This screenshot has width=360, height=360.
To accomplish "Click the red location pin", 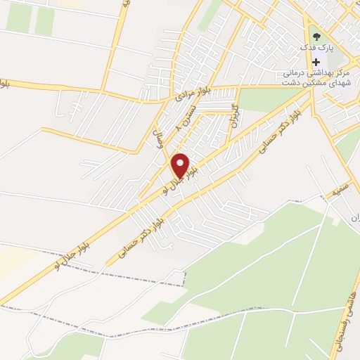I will point(181,166).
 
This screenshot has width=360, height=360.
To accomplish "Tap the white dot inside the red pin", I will point(181,162).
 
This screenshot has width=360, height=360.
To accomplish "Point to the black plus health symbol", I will point(316,62).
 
